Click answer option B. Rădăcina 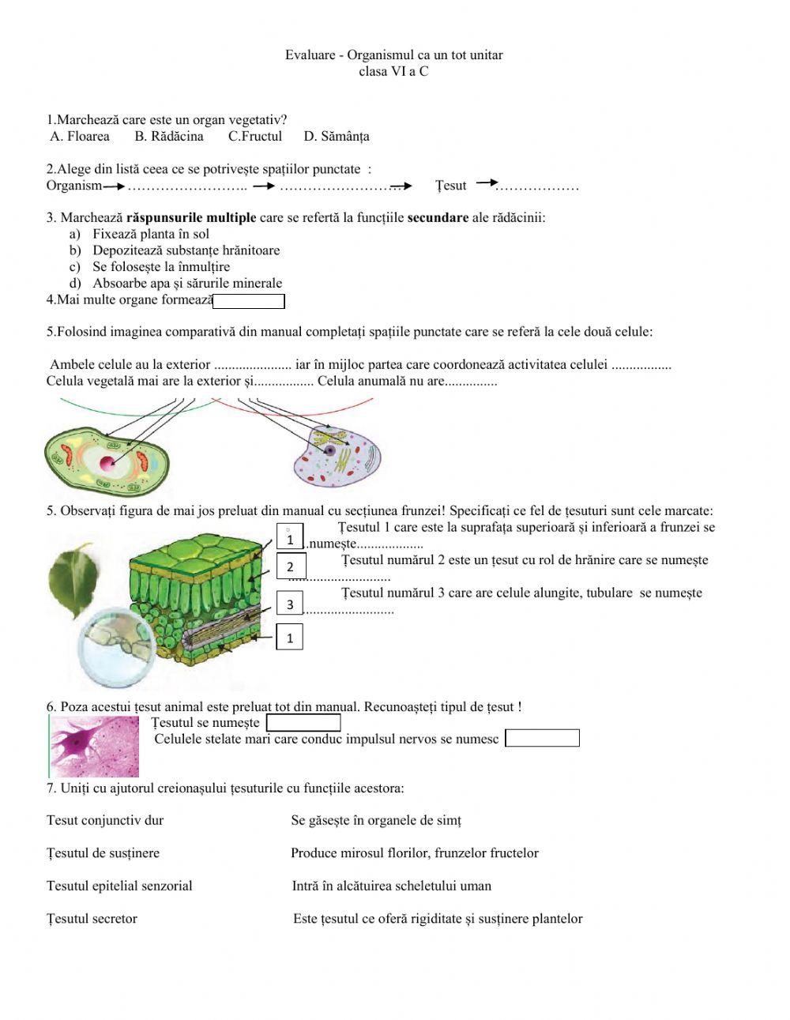tap(168, 137)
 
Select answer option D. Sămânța tap(336, 137)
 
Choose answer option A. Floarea tap(80, 137)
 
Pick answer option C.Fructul tap(254, 137)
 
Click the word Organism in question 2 tap(74, 186)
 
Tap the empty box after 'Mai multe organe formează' tap(249, 301)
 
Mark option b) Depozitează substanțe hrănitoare tap(186, 250)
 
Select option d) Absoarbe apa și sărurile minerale tap(186, 284)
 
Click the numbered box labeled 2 tap(290, 566)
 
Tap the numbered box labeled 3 tap(290, 604)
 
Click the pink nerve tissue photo tap(94, 747)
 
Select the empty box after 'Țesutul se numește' tap(303, 723)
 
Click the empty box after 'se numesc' tap(542, 739)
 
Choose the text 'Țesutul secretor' tap(92, 919)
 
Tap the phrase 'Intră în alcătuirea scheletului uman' tap(391, 886)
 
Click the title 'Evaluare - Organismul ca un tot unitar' tap(393, 55)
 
